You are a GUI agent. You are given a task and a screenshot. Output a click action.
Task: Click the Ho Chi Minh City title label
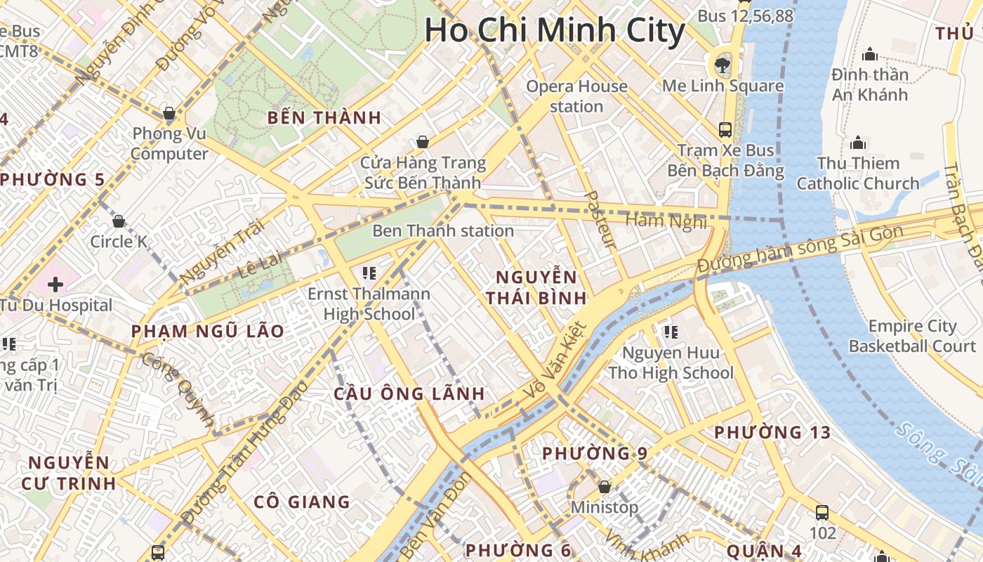(555, 31)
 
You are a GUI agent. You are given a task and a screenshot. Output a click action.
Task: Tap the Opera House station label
(576, 96)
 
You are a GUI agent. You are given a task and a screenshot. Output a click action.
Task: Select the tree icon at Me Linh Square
(721, 65)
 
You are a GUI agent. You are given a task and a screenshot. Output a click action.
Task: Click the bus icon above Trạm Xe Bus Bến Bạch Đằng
(725, 130)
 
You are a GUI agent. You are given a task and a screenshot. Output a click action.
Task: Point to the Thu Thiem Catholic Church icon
(858, 143)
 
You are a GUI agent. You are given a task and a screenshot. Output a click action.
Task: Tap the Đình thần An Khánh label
(870, 84)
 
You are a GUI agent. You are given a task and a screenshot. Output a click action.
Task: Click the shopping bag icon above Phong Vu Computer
(169, 113)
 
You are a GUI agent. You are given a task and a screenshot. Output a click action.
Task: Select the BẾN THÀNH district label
(324, 118)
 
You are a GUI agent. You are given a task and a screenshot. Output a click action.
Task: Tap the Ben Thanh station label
(443, 230)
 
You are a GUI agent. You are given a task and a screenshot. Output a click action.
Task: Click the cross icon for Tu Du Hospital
(55, 285)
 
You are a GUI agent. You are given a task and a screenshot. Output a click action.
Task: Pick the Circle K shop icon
(119, 222)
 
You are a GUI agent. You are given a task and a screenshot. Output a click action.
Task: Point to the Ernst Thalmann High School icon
(369, 273)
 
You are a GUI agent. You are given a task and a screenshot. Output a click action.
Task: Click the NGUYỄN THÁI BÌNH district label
(536, 287)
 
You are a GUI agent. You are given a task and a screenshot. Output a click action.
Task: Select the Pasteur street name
(600, 219)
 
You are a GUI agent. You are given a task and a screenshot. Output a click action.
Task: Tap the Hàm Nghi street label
(666, 221)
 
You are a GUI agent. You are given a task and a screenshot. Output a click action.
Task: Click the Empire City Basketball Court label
(912, 336)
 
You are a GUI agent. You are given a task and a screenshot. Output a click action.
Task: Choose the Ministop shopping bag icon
(604, 487)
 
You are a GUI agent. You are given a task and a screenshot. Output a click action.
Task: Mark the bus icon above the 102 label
(822, 512)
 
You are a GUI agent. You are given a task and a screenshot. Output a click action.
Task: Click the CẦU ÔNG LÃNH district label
(409, 393)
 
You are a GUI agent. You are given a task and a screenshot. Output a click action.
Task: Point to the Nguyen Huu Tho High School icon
(671, 332)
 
